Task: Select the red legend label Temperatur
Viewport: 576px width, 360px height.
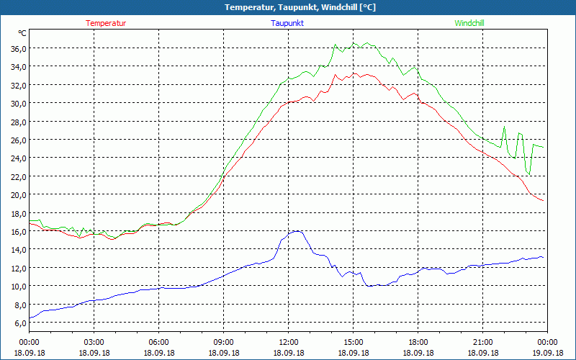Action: coord(106,23)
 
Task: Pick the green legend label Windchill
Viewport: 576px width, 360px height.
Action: coord(469,23)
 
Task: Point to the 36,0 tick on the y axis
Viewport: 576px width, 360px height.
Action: coord(18,48)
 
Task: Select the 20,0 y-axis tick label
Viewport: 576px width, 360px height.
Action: coord(18,194)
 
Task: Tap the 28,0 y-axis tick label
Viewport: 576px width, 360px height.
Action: coord(18,122)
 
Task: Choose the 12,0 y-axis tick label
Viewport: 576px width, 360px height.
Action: coord(18,268)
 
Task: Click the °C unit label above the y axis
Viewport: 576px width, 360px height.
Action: coord(22,33)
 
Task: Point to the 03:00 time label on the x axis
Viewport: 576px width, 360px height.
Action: coord(94,342)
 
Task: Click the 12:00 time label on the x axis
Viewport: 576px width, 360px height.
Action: coord(288,342)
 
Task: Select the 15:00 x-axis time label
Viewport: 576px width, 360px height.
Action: coord(353,342)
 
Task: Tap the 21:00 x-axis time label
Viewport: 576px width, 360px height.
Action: coord(482,342)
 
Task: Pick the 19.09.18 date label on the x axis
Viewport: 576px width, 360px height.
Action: coord(547,353)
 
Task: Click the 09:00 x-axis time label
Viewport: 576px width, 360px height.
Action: coord(223,342)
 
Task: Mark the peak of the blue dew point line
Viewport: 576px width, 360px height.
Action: coord(295,231)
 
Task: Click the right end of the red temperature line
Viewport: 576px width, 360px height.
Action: coord(544,200)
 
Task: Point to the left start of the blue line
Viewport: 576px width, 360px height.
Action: coord(30,318)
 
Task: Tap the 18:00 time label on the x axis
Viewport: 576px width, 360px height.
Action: coord(418,342)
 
